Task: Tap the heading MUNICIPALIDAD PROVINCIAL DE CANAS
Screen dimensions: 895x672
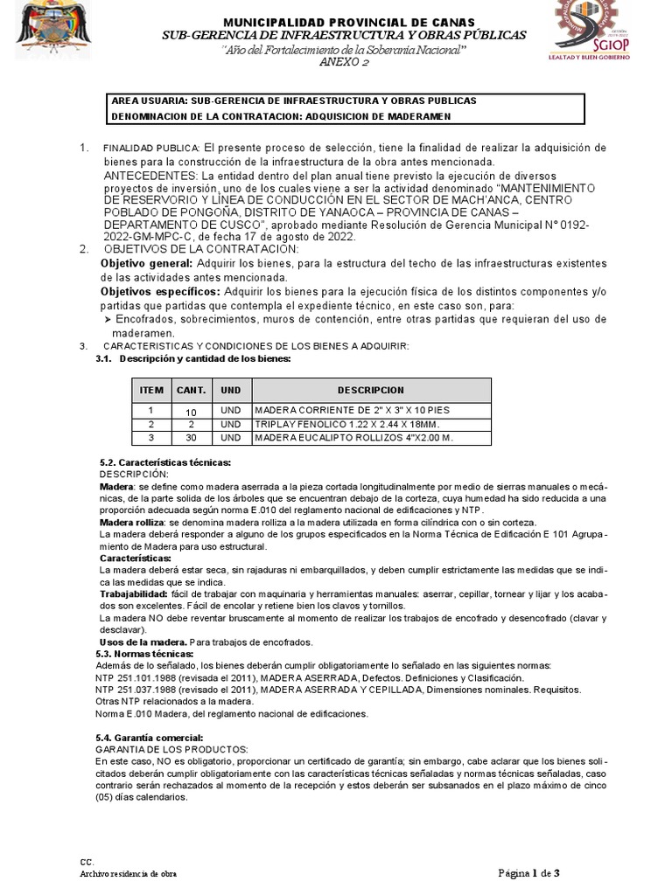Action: [x=337, y=21]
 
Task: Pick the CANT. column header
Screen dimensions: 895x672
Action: [x=191, y=390]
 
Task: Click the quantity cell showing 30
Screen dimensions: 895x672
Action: [x=191, y=437]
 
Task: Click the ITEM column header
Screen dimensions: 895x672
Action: [x=151, y=390]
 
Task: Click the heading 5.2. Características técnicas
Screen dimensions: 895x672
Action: [x=165, y=461]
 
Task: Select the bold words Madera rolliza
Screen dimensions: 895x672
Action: [x=129, y=521]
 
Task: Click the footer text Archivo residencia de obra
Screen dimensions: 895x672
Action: [x=128, y=874]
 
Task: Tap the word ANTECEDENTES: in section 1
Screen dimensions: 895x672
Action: [x=143, y=176]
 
